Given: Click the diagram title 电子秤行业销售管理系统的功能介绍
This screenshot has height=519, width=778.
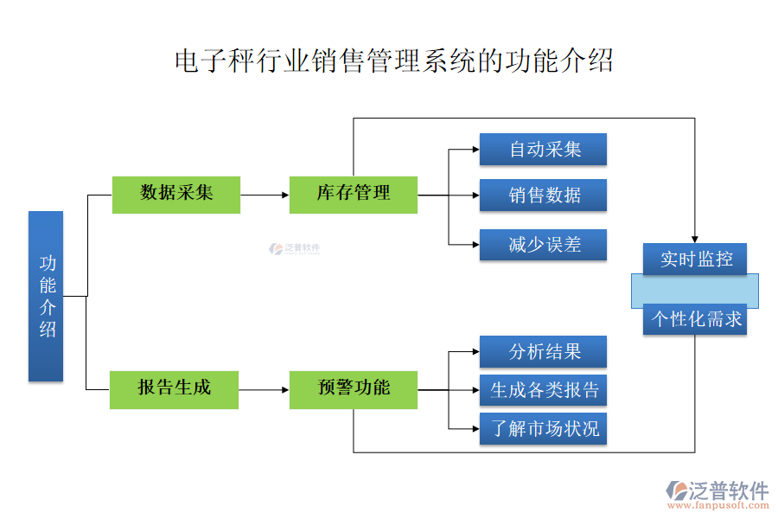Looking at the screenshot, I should click(393, 61).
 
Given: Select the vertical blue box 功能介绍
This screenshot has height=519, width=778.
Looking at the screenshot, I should click(46, 296).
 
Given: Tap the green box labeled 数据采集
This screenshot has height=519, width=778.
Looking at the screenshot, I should click(176, 194).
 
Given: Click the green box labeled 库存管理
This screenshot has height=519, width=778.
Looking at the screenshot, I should click(354, 194).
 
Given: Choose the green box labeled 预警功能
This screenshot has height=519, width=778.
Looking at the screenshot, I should click(354, 388).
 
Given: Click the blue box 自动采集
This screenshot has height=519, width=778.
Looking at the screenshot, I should click(544, 149).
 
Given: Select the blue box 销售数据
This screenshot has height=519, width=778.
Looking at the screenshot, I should click(544, 195).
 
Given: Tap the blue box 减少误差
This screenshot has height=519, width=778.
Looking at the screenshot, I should click(544, 245).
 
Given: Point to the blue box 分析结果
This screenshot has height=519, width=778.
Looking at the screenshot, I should click(544, 351).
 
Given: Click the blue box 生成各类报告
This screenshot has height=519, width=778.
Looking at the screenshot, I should click(544, 390).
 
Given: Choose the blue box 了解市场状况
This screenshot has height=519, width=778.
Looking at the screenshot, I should click(544, 429).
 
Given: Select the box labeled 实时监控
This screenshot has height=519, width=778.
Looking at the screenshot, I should click(695, 259).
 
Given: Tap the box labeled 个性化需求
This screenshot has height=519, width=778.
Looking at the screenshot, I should click(695, 319).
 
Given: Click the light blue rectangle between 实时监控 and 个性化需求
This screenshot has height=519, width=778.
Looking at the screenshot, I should click(695, 290).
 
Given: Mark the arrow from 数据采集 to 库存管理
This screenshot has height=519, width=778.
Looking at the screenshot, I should click(265, 195).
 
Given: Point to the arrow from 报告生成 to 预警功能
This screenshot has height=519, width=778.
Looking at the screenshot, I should click(264, 389).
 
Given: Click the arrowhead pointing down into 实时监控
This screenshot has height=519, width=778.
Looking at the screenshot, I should click(695, 239).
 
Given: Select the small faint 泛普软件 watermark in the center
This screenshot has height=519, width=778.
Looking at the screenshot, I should click(295, 248).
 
